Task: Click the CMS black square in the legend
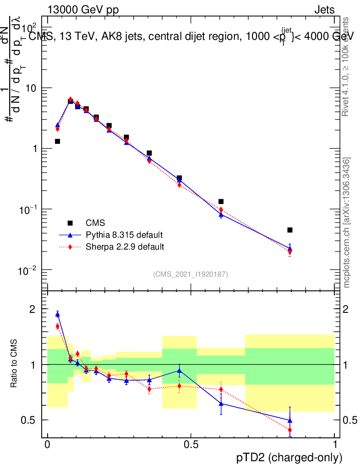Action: (70, 223)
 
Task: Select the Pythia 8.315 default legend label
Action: (124, 235)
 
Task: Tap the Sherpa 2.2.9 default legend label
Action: (125, 247)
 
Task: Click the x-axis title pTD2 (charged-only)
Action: (290, 457)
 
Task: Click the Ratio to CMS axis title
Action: (14, 364)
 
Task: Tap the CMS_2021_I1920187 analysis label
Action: (191, 274)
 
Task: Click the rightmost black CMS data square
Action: (290, 230)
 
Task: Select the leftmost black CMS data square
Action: (58, 142)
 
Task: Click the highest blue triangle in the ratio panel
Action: (58, 314)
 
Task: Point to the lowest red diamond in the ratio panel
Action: (290, 430)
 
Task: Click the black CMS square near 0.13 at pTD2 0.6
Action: (221, 202)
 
